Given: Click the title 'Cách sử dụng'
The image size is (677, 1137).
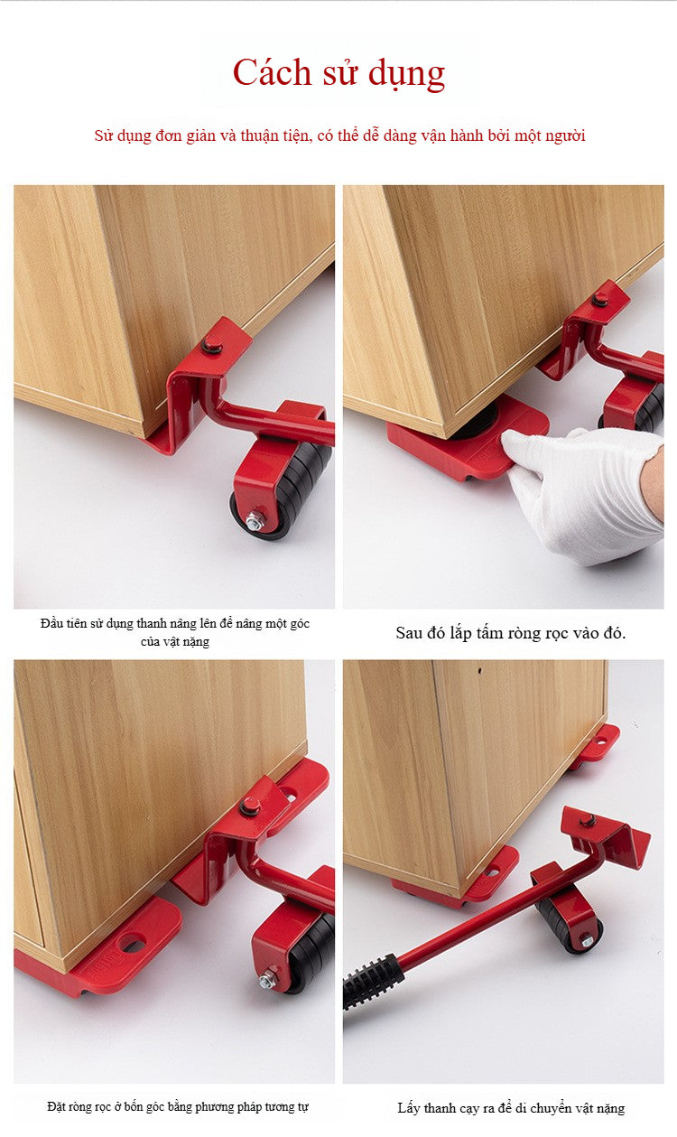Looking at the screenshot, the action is (338, 73).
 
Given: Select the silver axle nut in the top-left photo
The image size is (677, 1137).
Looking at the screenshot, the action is (254, 521).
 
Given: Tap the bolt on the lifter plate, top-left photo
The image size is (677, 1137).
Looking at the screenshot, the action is (212, 345).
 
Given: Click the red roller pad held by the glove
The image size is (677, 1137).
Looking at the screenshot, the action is (467, 437).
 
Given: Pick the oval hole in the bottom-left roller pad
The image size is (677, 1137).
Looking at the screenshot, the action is (133, 943).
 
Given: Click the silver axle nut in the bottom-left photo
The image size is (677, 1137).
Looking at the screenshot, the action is (267, 981).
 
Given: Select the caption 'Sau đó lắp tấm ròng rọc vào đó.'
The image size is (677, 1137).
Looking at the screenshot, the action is (511, 633).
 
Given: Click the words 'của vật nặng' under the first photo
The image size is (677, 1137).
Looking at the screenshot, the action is (175, 641).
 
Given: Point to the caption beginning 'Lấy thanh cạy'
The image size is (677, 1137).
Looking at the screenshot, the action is (511, 1107).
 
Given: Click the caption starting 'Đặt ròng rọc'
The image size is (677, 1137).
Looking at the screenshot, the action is (178, 1106).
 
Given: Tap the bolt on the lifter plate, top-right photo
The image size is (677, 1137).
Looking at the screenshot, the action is (600, 299).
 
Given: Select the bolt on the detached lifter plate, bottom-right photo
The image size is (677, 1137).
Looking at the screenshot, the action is (587, 820).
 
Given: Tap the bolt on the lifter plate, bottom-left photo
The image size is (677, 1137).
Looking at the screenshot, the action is (249, 806).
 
